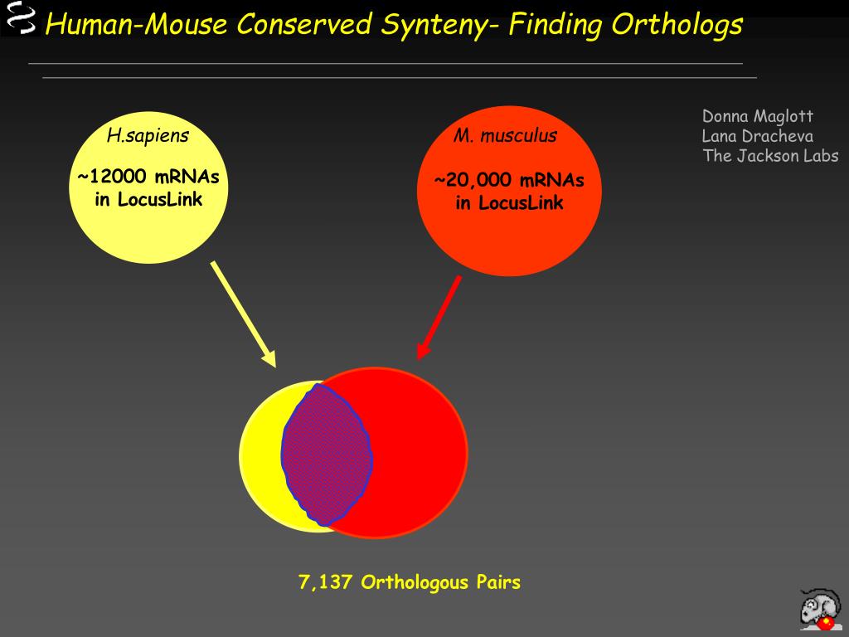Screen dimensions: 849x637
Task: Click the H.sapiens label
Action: pos(148,135)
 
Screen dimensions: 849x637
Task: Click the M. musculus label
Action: pos(505,135)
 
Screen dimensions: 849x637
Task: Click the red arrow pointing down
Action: pos(439,317)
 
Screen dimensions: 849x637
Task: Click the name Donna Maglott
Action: pos(758,116)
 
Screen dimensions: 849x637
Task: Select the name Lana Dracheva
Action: pos(757,136)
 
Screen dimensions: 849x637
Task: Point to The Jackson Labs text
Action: pos(770,156)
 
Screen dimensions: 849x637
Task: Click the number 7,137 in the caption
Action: pos(326,582)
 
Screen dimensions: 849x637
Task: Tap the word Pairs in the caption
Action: pos(498,582)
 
